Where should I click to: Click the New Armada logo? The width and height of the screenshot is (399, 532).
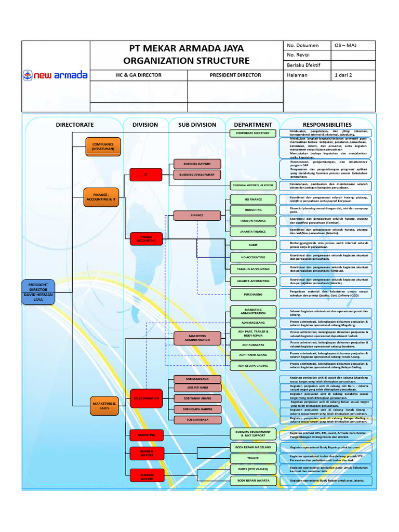55,76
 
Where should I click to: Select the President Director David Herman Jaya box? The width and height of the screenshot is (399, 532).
38,292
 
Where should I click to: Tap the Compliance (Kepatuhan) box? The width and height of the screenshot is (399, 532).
103,146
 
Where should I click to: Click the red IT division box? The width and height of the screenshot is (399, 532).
146,175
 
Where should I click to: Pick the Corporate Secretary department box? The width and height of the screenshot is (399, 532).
252,134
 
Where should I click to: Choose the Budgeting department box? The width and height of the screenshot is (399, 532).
252,210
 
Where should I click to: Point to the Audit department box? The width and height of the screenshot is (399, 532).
252,244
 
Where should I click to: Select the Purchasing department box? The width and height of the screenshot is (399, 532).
252,294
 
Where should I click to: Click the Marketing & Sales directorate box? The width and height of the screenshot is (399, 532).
104,405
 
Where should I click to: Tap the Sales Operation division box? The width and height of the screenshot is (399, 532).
146,398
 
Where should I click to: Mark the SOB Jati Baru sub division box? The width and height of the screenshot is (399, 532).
197,388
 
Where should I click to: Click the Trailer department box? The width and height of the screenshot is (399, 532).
252,458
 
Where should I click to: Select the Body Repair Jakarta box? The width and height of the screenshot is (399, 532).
252,481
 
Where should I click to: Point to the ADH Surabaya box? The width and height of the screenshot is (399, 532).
252,344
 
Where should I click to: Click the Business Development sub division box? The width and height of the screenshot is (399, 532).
197,175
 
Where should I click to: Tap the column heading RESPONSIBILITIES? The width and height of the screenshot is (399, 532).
327,125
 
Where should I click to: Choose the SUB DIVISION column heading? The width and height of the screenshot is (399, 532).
197,125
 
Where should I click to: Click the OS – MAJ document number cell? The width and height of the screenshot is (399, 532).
354,45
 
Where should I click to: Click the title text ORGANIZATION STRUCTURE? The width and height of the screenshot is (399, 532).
186,61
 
